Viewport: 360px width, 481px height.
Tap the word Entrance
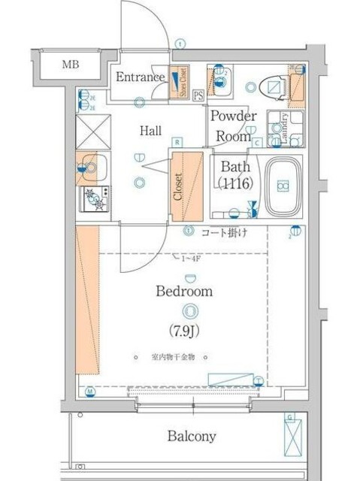click(140, 77)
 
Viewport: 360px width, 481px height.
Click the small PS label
click(198, 95)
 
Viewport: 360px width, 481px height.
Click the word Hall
click(150, 131)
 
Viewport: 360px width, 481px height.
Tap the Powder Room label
click(233, 126)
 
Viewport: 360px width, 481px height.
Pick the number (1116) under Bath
click(234, 183)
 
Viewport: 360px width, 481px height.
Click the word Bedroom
click(184, 291)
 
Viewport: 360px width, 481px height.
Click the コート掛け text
click(223, 234)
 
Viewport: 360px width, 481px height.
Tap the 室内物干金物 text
click(172, 358)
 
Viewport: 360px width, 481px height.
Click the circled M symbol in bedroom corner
click(89, 392)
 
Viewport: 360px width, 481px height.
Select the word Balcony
click(192, 436)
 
